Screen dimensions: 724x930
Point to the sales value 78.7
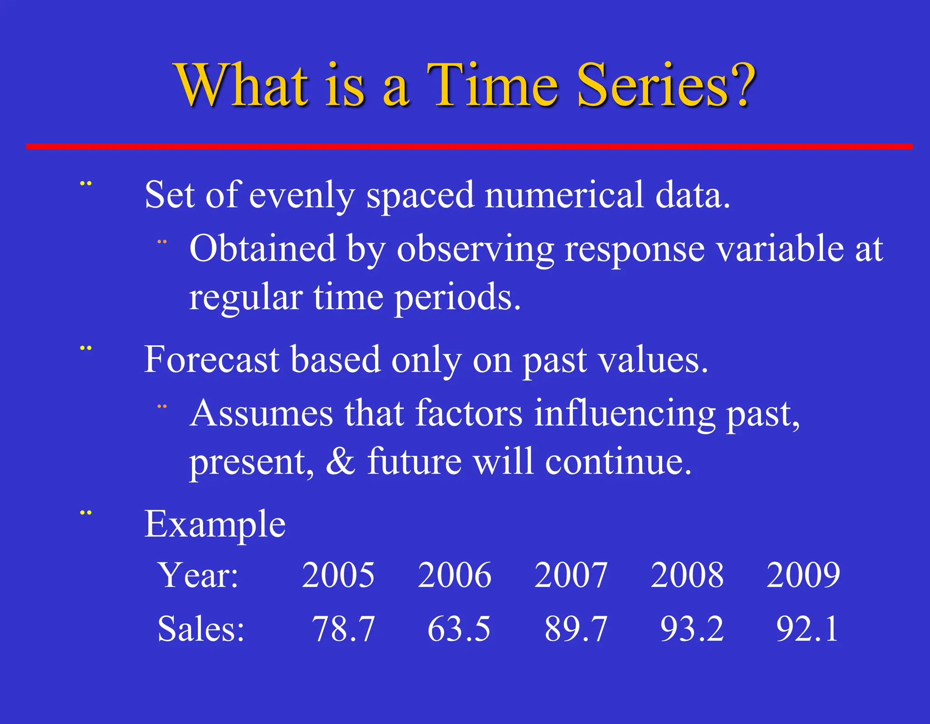pos(343,629)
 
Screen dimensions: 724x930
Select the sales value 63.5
pos(459,629)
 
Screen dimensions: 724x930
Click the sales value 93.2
pos(692,629)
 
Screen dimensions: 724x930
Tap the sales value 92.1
pos(807,629)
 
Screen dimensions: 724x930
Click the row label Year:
pos(198,575)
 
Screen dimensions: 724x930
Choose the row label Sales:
pos(201,629)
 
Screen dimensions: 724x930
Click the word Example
pos(215,524)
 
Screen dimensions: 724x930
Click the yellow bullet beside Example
pos(86,513)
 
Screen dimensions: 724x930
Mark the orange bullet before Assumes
pos(162,406)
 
